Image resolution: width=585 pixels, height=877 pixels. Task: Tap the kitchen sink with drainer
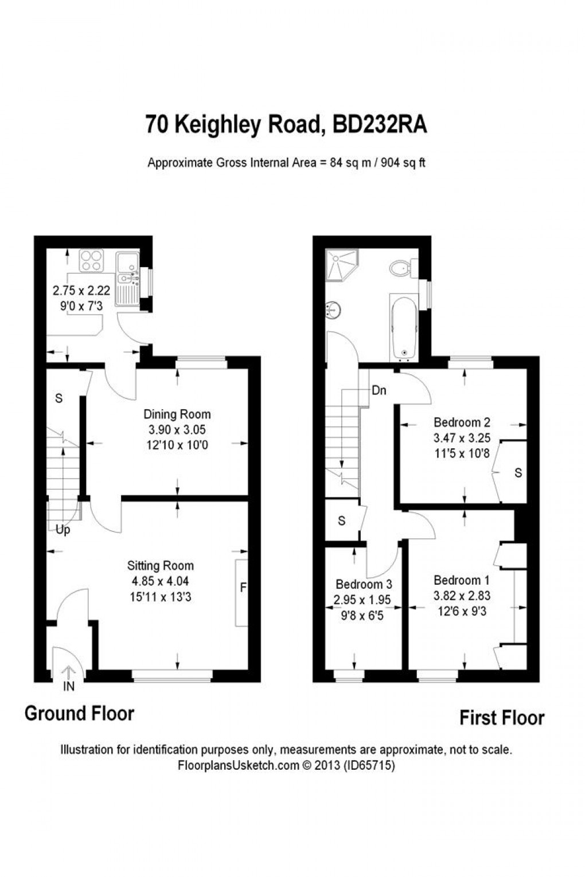tap(127, 278)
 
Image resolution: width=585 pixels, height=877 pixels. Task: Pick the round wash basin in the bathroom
tap(332, 310)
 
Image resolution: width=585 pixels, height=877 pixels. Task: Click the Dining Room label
tap(177, 414)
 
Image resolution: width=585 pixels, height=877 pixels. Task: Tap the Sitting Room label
tap(161, 566)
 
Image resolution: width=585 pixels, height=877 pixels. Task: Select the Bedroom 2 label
tap(462, 422)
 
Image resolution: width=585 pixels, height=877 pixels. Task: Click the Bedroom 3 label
tap(364, 584)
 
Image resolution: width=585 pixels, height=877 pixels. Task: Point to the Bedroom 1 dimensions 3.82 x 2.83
tap(462, 596)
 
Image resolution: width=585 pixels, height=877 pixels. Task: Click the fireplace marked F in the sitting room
tap(242, 588)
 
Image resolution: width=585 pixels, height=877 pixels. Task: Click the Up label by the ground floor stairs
tap(63, 530)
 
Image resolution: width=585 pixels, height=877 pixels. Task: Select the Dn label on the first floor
tap(379, 391)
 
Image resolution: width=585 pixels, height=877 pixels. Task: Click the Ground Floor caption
tap(79, 714)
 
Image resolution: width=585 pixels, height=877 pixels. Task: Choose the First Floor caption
tap(501, 718)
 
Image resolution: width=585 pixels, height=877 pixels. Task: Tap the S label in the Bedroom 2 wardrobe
tap(518, 473)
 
